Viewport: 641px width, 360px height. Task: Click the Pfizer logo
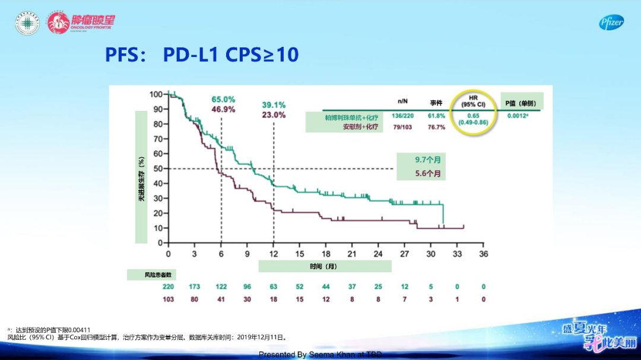pyautogui.click(x=611, y=23)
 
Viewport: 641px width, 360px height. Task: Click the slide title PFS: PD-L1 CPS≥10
pyautogui.click(x=202, y=55)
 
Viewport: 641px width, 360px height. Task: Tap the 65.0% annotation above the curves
pyautogui.click(x=223, y=99)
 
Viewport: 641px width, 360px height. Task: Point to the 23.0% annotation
pyautogui.click(x=274, y=115)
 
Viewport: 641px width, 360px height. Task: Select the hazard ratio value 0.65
pyautogui.click(x=472, y=116)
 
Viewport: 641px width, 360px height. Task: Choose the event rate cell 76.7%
pyautogui.click(x=436, y=127)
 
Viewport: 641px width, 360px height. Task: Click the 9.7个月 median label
pyautogui.click(x=428, y=160)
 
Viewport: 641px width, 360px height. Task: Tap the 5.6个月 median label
pyautogui.click(x=428, y=174)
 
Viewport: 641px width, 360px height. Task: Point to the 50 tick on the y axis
pyautogui.click(x=156, y=168)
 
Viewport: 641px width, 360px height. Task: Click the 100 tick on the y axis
pyautogui.click(x=155, y=94)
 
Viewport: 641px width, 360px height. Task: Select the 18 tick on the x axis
pyautogui.click(x=326, y=254)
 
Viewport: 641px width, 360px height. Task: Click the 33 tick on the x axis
pyautogui.click(x=457, y=254)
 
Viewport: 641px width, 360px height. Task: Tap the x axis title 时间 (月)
pyautogui.click(x=323, y=267)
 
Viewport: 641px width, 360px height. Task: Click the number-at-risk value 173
pyautogui.click(x=195, y=287)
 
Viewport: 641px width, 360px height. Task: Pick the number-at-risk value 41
pyautogui.click(x=221, y=300)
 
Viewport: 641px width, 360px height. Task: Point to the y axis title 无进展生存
pyautogui.click(x=141, y=178)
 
